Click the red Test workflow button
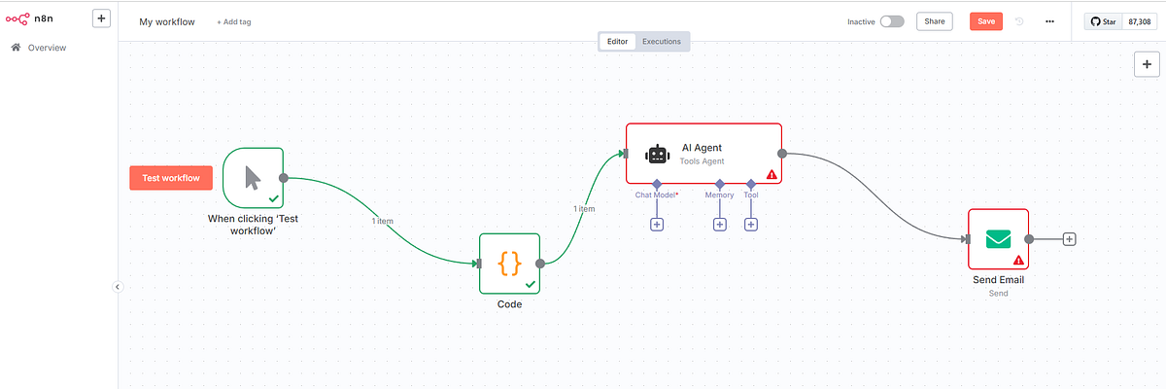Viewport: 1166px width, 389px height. pos(171,178)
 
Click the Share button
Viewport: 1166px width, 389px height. pos(934,21)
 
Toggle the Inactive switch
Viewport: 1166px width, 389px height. pos(891,21)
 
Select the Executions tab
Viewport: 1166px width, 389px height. pos(662,42)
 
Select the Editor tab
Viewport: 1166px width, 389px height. pos(617,42)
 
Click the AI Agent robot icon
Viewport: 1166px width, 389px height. pos(658,154)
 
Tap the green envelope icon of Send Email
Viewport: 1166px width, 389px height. pos(998,238)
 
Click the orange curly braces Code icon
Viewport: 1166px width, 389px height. pos(509,263)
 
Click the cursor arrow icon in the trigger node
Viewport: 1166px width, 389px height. pos(253,177)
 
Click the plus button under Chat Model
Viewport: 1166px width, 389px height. pos(657,225)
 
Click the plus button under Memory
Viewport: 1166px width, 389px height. pos(720,225)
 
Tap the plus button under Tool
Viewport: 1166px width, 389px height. pos(751,225)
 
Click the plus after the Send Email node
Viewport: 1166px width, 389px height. pos(1069,239)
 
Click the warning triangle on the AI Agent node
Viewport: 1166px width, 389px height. pos(772,175)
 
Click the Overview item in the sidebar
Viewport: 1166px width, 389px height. pos(47,48)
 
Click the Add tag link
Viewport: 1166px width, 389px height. pos(233,21)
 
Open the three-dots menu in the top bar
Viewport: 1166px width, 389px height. pos(1049,21)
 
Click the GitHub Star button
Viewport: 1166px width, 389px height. pos(1104,21)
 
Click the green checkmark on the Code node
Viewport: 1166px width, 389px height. pos(531,284)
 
